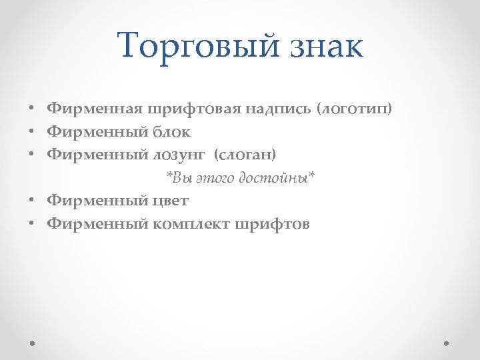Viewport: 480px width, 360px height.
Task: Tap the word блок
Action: (x=171, y=131)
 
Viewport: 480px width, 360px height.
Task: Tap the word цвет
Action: (x=171, y=201)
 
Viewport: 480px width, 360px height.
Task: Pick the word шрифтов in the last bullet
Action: (x=272, y=224)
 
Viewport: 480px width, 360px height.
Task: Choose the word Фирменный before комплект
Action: (x=97, y=224)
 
